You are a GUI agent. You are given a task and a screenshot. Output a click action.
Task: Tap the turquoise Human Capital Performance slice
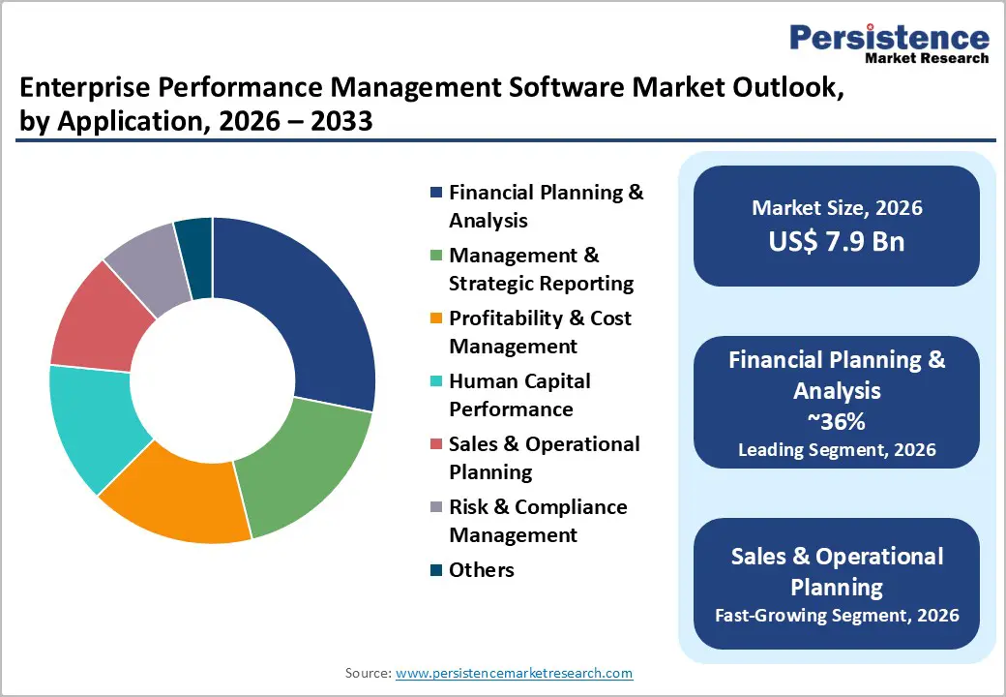[x=92, y=426]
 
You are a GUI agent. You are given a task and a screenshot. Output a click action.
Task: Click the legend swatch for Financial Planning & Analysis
[x=436, y=193]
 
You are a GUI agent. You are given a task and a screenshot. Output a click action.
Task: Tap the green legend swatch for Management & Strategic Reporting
[x=436, y=256]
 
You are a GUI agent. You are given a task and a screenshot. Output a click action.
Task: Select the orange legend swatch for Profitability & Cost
[x=436, y=318]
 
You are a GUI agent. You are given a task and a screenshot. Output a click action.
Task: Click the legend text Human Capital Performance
[x=518, y=395]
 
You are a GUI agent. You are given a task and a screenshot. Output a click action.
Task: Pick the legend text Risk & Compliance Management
[x=537, y=521]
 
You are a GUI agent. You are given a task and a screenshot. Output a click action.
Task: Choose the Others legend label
[x=481, y=570]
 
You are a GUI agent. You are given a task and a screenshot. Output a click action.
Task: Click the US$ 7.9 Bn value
[x=837, y=241]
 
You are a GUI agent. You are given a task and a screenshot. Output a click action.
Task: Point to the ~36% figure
[x=837, y=423]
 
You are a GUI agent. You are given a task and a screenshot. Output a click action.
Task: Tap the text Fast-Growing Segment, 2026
[x=837, y=616]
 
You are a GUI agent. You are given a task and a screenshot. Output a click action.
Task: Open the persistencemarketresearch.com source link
[x=514, y=673]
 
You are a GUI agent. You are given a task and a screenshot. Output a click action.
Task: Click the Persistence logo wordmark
[x=890, y=39]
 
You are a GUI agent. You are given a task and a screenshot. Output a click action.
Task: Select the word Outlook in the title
[x=771, y=89]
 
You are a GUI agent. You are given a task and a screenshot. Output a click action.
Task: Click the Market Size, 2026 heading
[x=837, y=208]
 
